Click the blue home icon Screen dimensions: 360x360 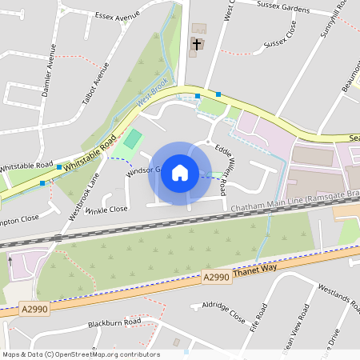[180, 173]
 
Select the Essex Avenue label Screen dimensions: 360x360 [118, 15]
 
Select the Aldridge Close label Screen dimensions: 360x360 [224, 311]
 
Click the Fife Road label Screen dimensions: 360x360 [257, 318]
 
